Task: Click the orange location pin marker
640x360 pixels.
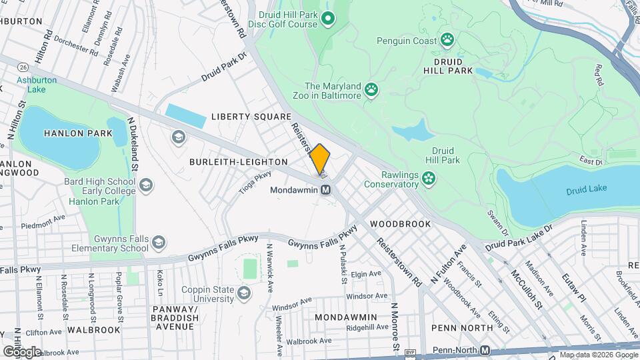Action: [320, 160]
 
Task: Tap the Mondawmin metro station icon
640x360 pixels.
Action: [326, 190]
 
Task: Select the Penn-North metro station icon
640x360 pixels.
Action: [485, 350]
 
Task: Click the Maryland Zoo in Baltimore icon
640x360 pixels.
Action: [371, 89]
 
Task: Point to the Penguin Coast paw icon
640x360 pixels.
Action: [447, 39]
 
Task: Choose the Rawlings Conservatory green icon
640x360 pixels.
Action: [430, 177]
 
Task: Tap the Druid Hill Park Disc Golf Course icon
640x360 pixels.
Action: [327, 18]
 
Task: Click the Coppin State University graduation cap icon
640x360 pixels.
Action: [245, 293]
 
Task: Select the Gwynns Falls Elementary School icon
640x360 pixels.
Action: [158, 242]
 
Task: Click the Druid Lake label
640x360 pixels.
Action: [586, 189]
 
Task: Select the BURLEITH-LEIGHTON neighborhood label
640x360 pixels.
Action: [238, 162]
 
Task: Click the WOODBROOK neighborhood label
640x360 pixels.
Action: [400, 224]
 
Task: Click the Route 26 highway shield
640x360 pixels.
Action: [23, 67]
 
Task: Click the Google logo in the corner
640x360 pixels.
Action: [22, 351]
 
